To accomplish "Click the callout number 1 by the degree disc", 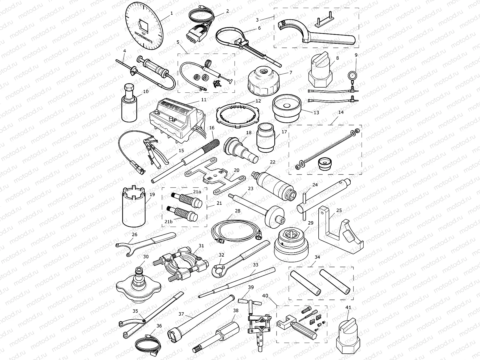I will tap(172, 13).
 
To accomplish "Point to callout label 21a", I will tap(197, 192).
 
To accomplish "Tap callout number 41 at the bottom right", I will tap(348, 308).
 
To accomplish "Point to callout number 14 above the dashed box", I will tap(341, 112).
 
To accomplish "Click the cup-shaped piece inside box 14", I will tap(325, 164).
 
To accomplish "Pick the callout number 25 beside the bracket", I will tap(339, 211).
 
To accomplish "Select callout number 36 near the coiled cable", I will tap(159, 326).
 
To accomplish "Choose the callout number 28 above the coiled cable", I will tap(237, 211).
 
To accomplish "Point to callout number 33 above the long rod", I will tap(256, 265).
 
